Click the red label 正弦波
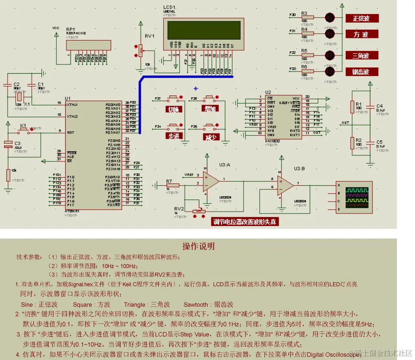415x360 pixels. pos(361,19)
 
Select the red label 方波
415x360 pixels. pos(361,35)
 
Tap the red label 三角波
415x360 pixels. pos(361,56)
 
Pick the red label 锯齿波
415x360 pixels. pos(361,72)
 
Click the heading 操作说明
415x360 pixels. pos(198,246)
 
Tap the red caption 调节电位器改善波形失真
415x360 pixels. pos(245,222)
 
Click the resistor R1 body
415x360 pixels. pos(352,107)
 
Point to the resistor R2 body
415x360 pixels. pos(352,143)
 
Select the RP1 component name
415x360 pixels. pos(70,29)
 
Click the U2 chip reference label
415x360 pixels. pos(268,93)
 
